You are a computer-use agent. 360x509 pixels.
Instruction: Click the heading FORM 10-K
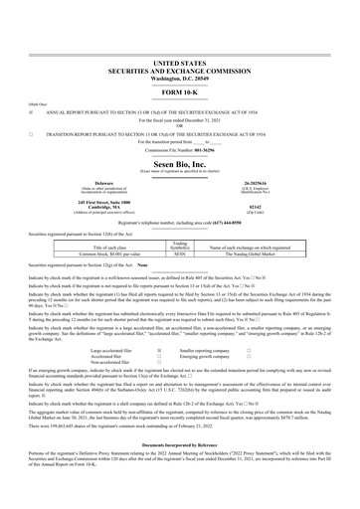click(x=179, y=65)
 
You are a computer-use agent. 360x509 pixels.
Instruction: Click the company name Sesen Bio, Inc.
click(x=179, y=161)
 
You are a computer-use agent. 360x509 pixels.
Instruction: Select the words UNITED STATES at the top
click(x=179, y=35)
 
